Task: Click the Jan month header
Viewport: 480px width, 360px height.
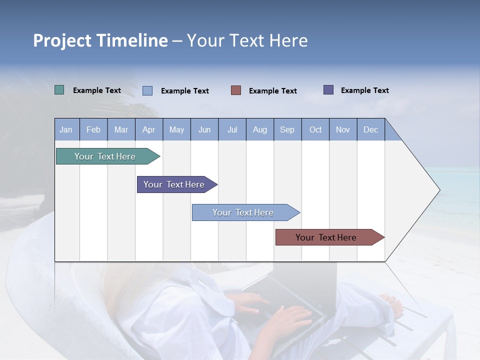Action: [66, 129]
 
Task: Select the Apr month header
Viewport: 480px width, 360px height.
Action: [148, 129]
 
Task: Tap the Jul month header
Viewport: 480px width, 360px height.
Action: [232, 129]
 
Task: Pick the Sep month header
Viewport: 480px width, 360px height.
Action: [287, 129]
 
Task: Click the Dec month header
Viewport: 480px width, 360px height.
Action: [370, 129]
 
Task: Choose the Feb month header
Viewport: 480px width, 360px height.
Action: [93, 129]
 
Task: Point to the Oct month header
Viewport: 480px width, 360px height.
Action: [315, 129]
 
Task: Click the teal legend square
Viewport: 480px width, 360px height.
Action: [59, 90]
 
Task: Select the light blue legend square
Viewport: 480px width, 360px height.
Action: [147, 90]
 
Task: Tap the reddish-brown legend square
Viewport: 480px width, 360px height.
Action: [236, 90]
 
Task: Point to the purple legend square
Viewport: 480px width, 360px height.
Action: [328, 90]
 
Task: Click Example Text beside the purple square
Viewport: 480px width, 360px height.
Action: [364, 90]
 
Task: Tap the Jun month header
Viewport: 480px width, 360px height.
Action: [204, 129]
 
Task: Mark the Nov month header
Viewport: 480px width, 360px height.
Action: [343, 129]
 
